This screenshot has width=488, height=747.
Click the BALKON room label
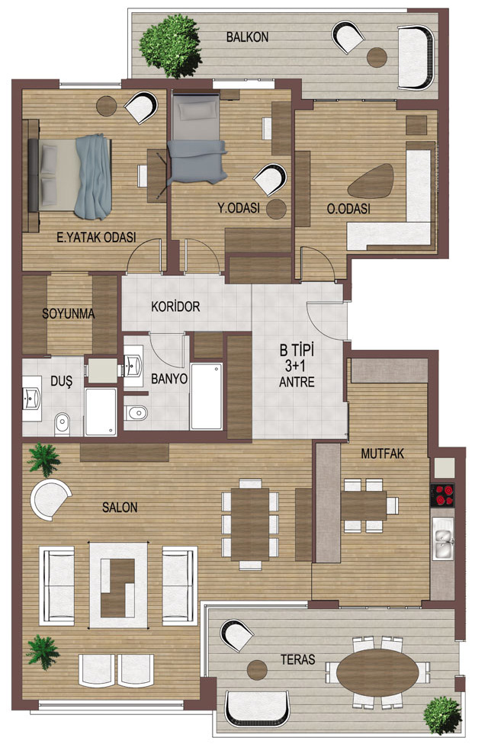coord(247,37)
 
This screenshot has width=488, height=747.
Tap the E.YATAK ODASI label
coord(96,237)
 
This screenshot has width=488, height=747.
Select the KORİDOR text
coord(175,306)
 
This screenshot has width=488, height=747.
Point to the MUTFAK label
coord(382,454)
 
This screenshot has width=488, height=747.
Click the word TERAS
coord(298,659)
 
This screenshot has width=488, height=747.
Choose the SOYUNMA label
coord(69,313)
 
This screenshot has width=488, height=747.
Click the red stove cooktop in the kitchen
coord(443,495)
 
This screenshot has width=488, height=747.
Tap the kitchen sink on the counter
coord(443,538)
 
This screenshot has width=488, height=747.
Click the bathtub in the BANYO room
coord(207,396)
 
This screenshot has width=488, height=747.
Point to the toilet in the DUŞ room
coord(63,423)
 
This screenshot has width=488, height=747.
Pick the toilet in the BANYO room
coord(136,412)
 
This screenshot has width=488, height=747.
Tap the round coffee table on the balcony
coord(377,57)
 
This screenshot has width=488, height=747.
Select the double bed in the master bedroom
coord(70,176)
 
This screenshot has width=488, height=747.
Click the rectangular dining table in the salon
coord(250,524)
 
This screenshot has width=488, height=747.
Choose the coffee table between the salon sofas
coord(119,585)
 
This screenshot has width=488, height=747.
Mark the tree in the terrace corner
coord(443,715)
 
